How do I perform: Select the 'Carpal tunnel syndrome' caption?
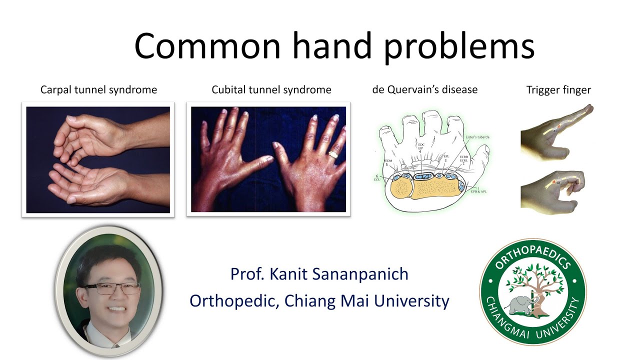click(98, 90)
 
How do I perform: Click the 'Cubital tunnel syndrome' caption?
click(271, 90)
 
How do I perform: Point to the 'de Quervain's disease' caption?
click(424, 89)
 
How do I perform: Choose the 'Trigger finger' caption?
click(558, 90)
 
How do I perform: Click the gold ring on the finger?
click(332, 154)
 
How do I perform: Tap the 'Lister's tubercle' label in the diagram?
click(476, 137)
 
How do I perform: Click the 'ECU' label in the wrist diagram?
click(378, 179)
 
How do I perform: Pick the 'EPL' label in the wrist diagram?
click(446, 157)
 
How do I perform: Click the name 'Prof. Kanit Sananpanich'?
click(319, 274)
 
